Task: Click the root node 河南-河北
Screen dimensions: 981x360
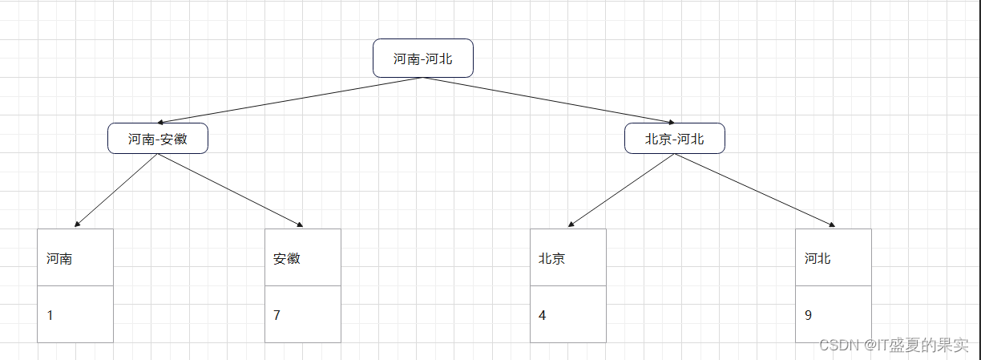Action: (422, 59)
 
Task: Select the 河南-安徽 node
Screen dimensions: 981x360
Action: (158, 139)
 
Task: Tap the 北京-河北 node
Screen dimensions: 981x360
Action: (674, 139)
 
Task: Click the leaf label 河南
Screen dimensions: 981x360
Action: (59, 259)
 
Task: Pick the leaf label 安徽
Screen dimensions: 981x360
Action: (287, 259)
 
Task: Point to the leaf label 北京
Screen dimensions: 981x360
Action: (552, 259)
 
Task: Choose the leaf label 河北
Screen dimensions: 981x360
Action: (817, 259)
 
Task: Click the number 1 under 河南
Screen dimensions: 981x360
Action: (50, 315)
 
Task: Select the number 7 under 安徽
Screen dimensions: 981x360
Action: (277, 315)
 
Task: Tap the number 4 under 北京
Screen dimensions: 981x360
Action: (543, 315)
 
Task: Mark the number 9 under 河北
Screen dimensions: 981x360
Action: (808, 315)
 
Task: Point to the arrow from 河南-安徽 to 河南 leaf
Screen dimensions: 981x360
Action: (116, 191)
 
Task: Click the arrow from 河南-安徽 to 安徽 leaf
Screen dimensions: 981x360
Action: (231, 191)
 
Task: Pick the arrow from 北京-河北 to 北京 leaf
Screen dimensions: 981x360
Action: (621, 191)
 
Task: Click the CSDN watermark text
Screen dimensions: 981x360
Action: (894, 345)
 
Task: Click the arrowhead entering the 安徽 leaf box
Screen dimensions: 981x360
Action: (301, 225)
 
